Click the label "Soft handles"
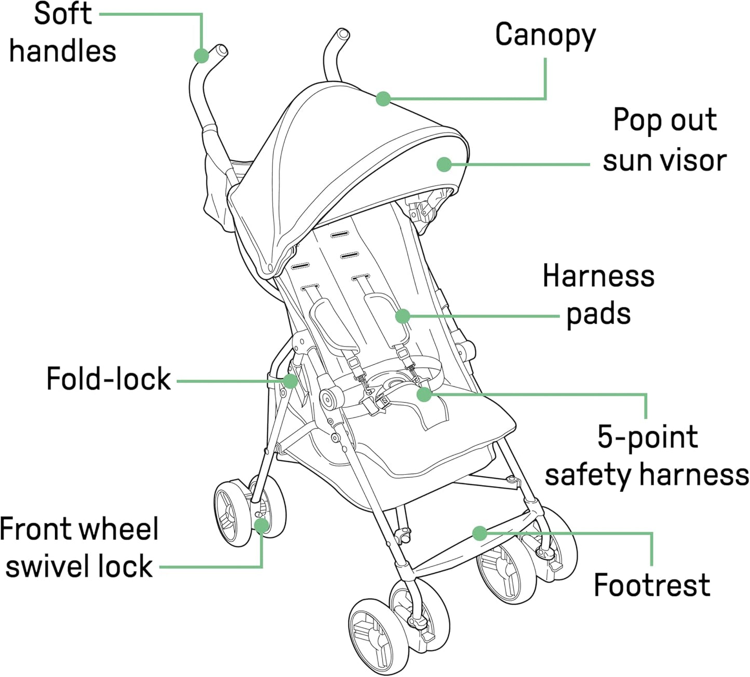pyautogui.click(x=62, y=32)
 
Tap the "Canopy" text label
pyautogui.click(x=545, y=35)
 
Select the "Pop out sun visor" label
pyautogui.click(x=664, y=140)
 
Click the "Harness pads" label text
pyautogui.click(x=598, y=295)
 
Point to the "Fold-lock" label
pyautogui.click(x=108, y=379)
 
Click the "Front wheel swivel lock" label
pyautogui.click(x=79, y=547)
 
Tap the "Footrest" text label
pyautogui.click(x=651, y=585)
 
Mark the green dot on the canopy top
pyautogui.click(x=383, y=99)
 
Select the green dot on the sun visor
pyautogui.click(x=444, y=164)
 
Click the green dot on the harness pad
pyautogui.click(x=403, y=316)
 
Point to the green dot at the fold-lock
pyautogui.click(x=291, y=381)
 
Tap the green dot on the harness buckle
pyautogui.click(x=424, y=394)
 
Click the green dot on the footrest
pyautogui.click(x=480, y=533)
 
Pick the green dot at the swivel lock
pyautogui.click(x=262, y=525)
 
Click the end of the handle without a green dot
pyautogui.click(x=342, y=35)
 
